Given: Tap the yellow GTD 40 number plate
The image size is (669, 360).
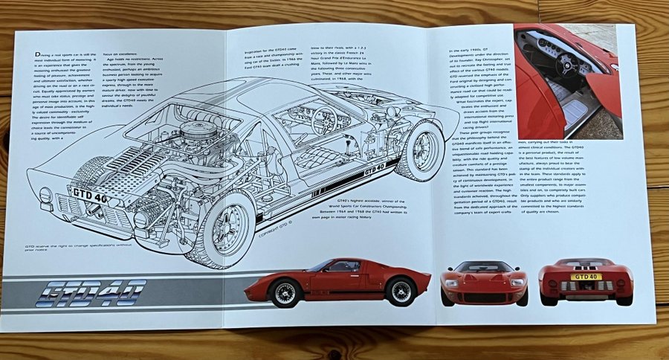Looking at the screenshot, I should (586, 277).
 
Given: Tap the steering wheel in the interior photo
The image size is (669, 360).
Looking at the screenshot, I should (569, 65).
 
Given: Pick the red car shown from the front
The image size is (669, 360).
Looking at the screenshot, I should (484, 283).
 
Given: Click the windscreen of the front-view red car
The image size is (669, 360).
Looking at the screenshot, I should (484, 267).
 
